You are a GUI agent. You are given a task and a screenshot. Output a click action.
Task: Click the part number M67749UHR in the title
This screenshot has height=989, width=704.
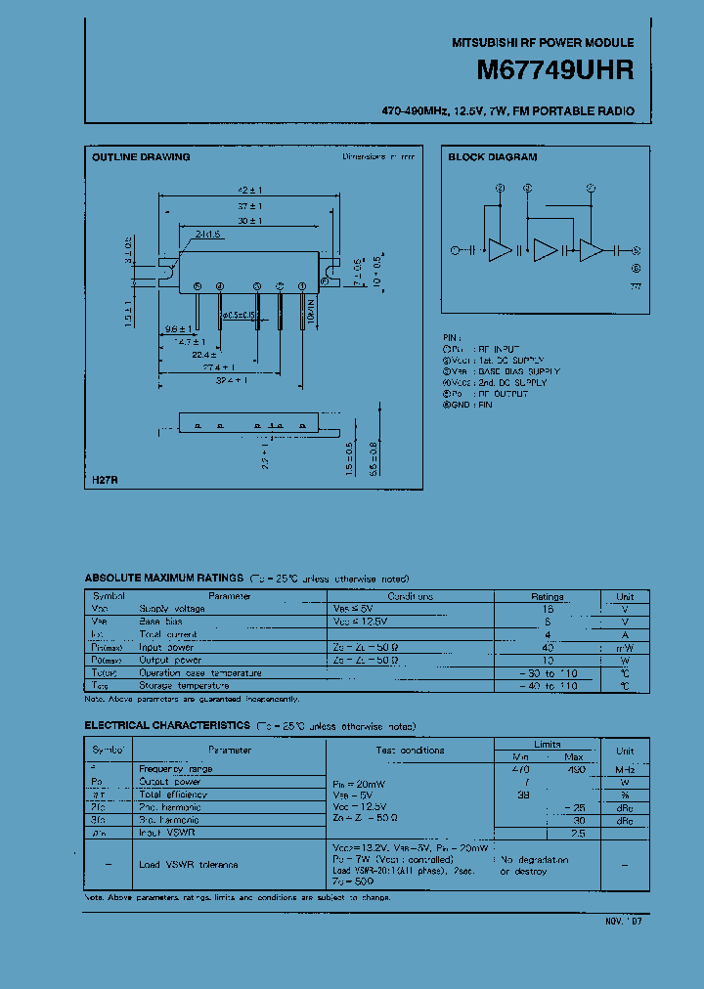click(554, 70)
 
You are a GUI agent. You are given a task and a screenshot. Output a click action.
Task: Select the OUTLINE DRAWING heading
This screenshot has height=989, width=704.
click(141, 157)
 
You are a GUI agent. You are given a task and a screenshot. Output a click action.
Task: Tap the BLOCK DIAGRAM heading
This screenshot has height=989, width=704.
click(493, 157)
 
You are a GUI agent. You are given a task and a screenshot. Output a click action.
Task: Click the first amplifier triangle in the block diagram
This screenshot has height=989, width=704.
click(499, 250)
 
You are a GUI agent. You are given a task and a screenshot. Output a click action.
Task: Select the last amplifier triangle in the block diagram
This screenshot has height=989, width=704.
click(592, 250)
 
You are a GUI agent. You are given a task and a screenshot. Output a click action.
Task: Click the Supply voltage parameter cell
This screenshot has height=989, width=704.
click(172, 609)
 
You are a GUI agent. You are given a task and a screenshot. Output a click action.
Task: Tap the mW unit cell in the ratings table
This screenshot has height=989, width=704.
click(625, 647)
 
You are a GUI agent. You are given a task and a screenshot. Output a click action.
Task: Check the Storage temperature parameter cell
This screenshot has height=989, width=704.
click(187, 686)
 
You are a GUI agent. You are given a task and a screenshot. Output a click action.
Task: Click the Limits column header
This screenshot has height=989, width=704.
click(548, 745)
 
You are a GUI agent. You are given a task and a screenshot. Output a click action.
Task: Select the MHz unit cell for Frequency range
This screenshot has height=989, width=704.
click(625, 769)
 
